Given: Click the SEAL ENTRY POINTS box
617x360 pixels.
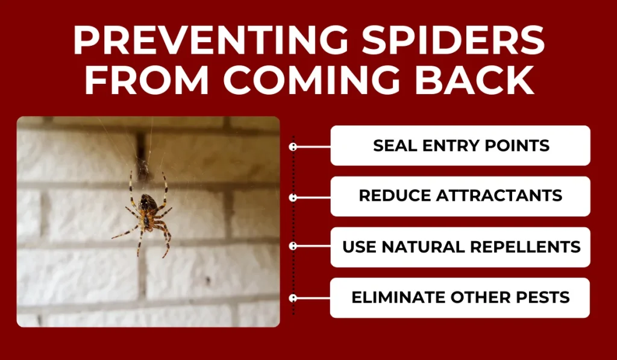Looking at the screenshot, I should (460, 145).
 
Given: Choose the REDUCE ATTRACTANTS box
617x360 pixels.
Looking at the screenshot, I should (460, 196).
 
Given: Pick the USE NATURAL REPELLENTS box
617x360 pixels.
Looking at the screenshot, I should (460, 247).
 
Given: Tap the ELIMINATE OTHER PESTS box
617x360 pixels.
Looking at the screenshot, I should (460, 297).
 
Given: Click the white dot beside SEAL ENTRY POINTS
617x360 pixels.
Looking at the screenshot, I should (293, 147).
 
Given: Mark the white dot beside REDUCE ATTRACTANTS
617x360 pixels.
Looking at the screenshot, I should (293, 197).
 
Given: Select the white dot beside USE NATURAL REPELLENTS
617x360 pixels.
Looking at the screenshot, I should (293, 247).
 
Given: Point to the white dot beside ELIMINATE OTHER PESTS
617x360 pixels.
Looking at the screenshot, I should (293, 298).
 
